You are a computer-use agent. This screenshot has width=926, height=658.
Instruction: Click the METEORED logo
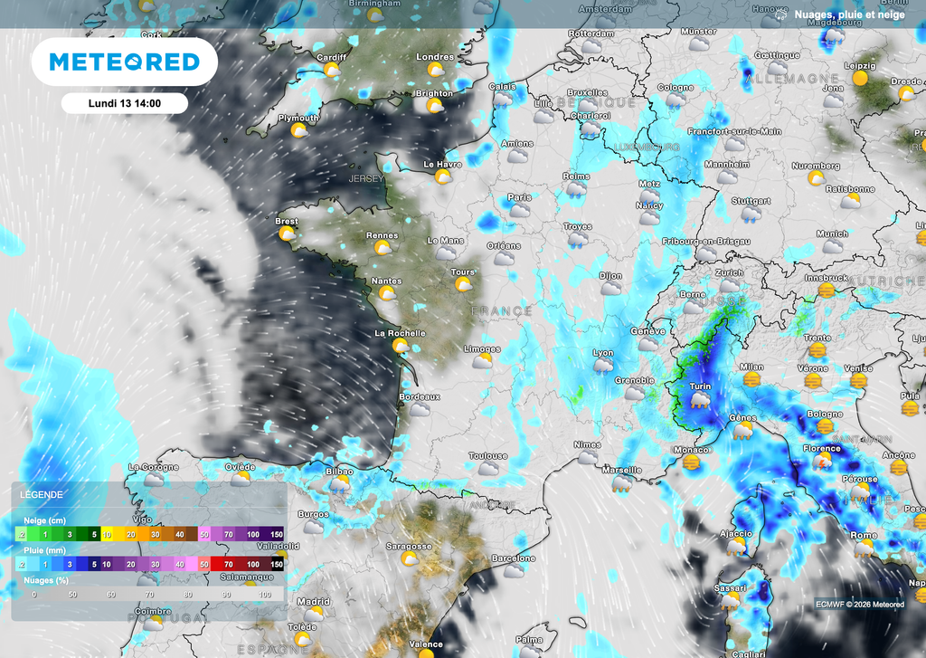(x=124, y=62)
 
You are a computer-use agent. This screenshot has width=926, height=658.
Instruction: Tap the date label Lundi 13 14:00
(x=125, y=103)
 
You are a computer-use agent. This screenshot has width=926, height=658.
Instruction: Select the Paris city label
(x=519, y=197)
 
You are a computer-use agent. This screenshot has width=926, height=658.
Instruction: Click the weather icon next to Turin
(x=699, y=401)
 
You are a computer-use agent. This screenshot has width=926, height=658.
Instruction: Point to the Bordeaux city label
(x=420, y=396)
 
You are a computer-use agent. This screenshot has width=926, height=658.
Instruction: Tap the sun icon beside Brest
(x=287, y=234)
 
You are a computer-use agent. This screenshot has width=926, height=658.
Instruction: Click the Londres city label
(x=435, y=57)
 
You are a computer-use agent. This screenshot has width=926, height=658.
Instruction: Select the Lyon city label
(x=602, y=353)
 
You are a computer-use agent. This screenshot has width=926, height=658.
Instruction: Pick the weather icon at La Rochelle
(x=400, y=347)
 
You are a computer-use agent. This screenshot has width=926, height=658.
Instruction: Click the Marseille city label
(x=621, y=470)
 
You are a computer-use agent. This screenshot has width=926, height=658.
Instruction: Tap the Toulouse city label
(x=487, y=456)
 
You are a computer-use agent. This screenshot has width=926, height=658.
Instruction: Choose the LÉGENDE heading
(x=42, y=495)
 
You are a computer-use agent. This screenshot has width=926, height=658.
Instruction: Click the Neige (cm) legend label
(x=43, y=521)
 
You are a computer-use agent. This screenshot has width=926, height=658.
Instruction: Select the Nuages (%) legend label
(x=44, y=580)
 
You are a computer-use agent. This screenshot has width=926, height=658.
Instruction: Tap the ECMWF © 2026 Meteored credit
(x=859, y=605)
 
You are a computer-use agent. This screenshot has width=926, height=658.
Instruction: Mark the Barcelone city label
(x=514, y=558)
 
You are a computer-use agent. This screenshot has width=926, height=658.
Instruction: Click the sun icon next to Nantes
(x=386, y=294)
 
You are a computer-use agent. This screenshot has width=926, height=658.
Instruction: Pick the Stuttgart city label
(x=751, y=201)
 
